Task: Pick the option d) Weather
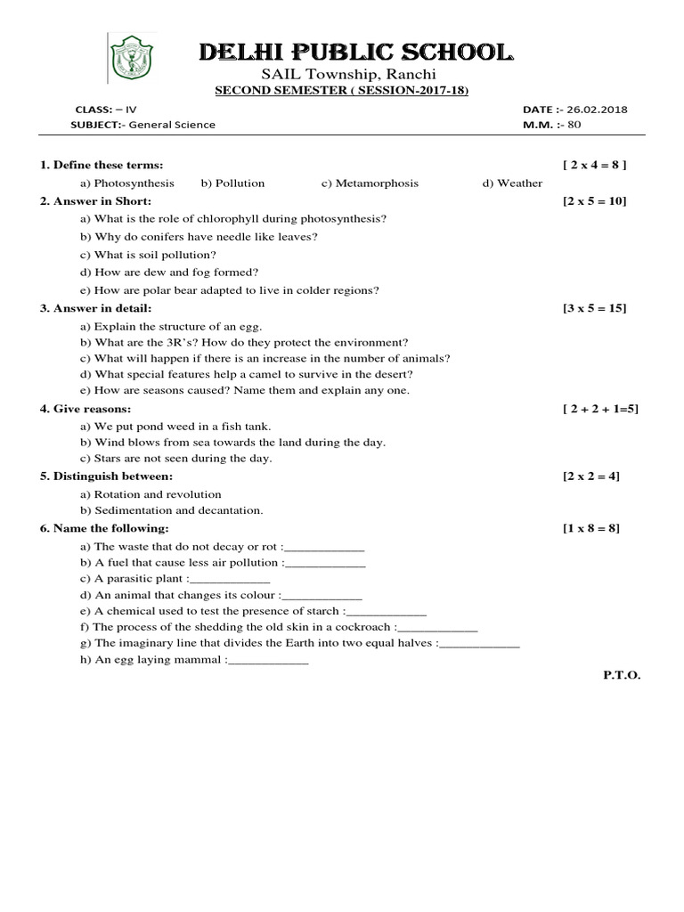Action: point(512,183)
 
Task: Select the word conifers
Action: point(160,236)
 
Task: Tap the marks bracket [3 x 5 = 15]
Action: point(594,308)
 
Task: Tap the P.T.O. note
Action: point(622,675)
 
